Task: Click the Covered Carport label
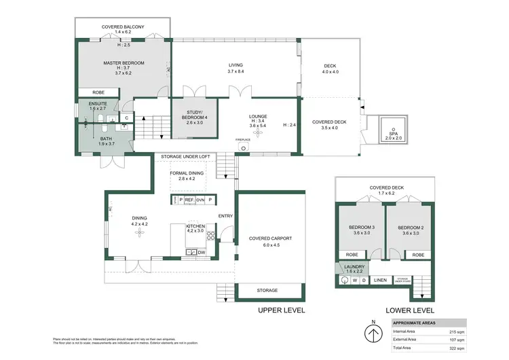click(x=270, y=238)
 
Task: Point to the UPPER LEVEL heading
click(x=281, y=310)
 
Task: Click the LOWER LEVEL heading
click(x=409, y=310)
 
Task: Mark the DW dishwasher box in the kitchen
click(x=201, y=253)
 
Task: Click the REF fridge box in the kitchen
click(x=189, y=200)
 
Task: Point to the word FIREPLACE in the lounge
click(x=243, y=139)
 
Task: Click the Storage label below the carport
click(x=267, y=290)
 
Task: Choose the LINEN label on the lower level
click(x=381, y=280)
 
